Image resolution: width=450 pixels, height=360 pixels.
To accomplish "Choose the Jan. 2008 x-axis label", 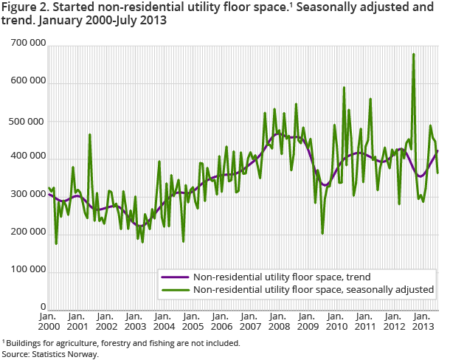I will coord(278,321).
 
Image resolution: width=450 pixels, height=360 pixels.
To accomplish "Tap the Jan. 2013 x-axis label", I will coord(422,321).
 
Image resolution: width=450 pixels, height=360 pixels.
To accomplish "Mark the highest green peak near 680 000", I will coord(413,54).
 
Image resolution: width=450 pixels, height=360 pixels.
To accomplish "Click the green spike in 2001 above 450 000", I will coord(89,135).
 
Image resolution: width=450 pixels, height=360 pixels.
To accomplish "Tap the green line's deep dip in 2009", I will coord(322,233).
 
